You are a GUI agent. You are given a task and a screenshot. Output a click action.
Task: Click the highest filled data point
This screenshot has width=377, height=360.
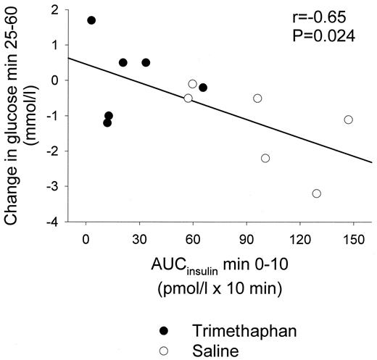tap(91, 20)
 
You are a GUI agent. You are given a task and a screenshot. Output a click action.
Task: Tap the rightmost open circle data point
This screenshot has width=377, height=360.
tap(348, 120)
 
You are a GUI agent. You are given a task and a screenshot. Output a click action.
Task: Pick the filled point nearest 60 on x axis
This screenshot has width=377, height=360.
tap(203, 88)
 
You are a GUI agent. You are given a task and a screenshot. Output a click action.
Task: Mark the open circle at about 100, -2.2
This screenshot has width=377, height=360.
tap(265, 158)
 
